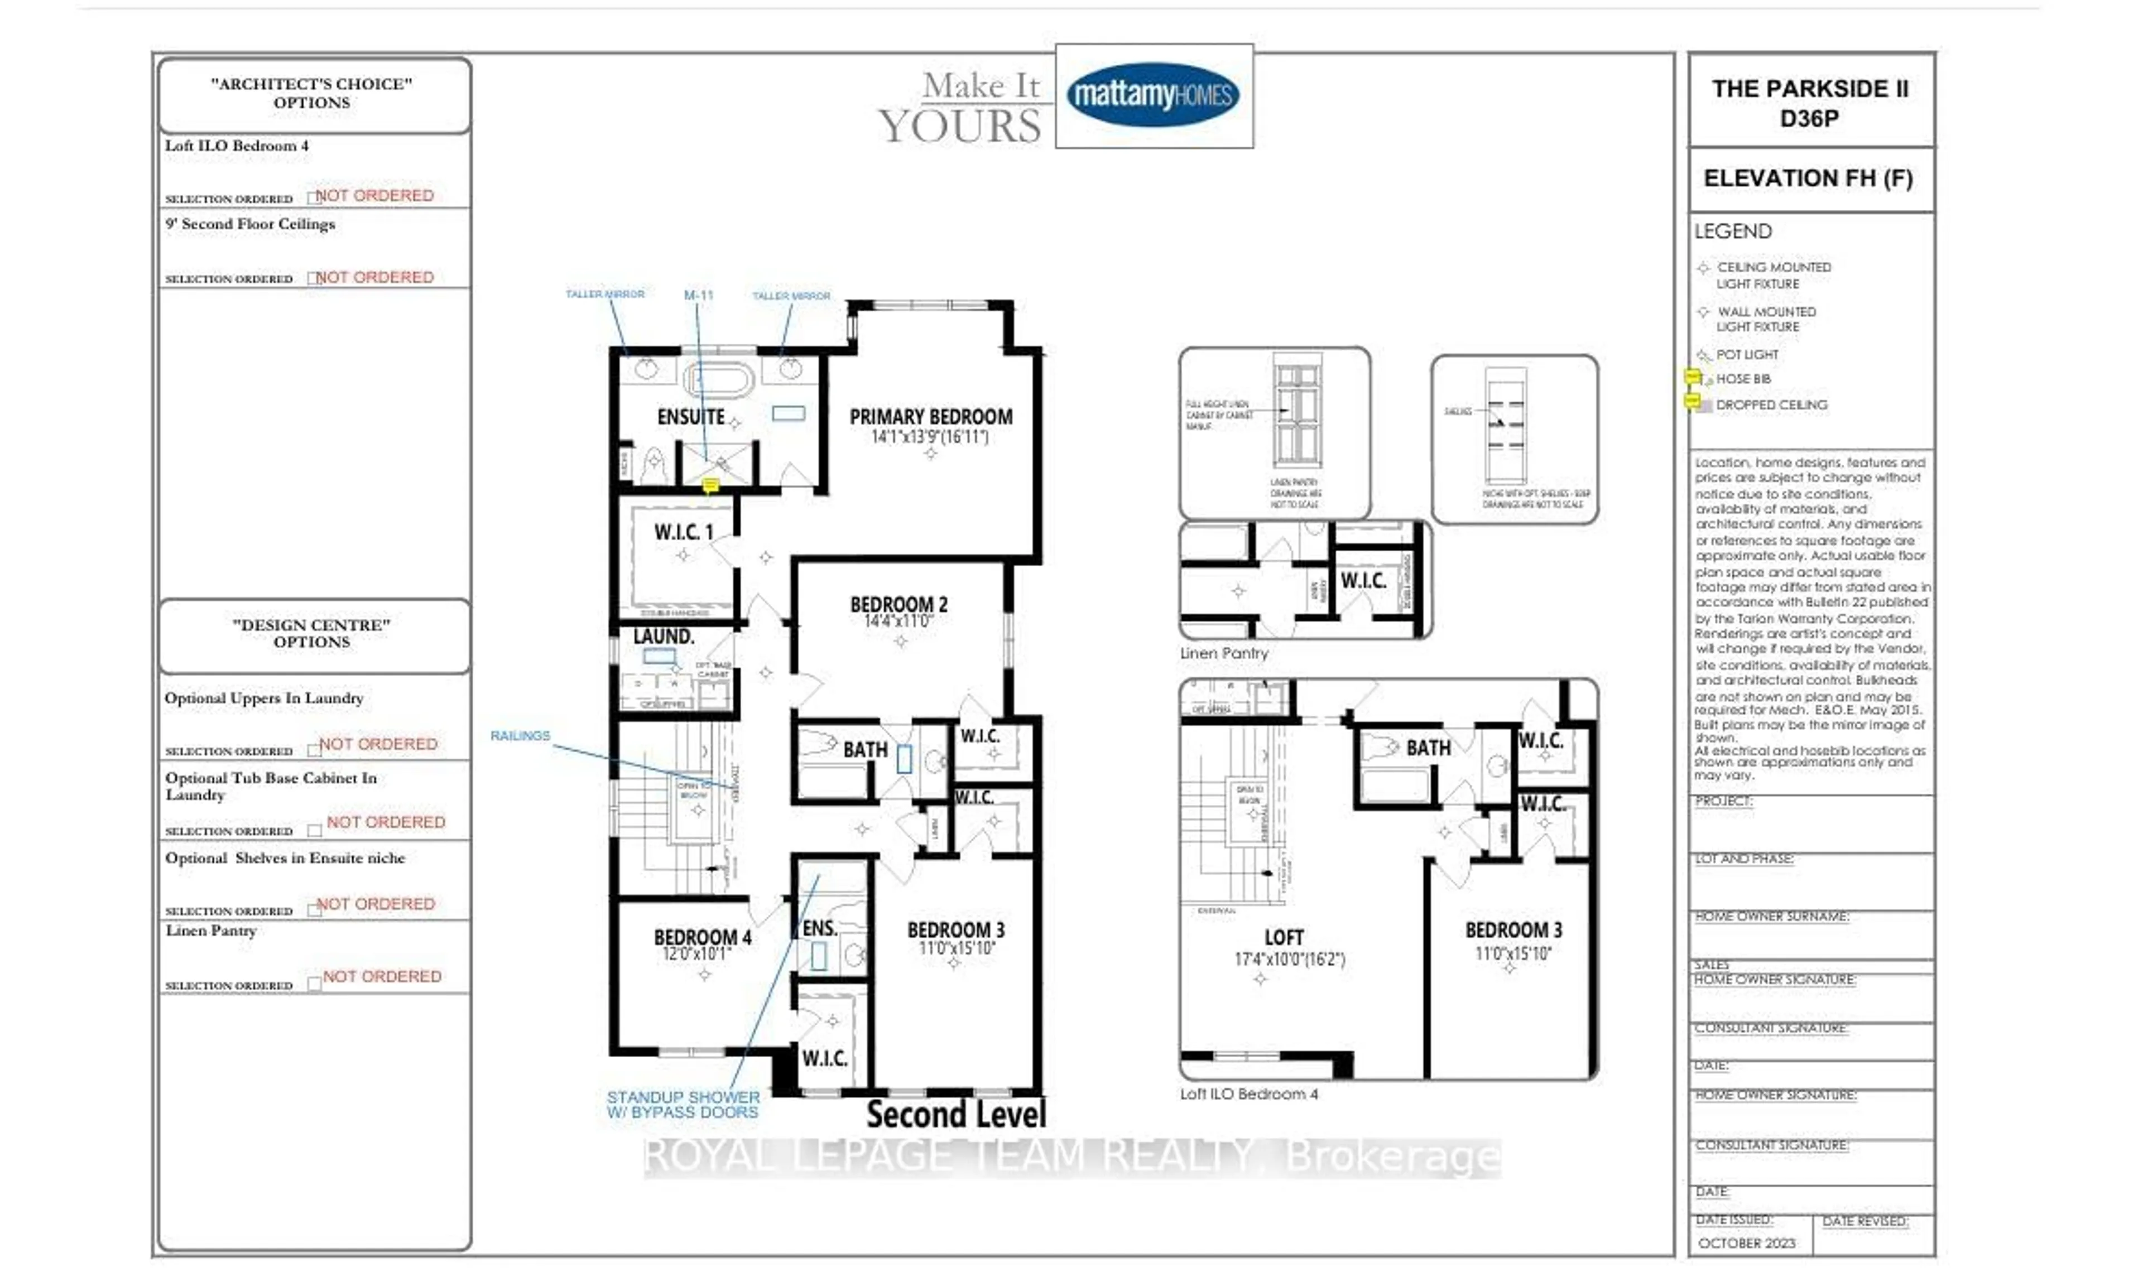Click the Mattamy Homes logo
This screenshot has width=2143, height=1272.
coord(1153,95)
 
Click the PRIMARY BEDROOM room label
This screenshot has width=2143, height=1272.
coord(930,417)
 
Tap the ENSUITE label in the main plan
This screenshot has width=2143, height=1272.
coord(691,417)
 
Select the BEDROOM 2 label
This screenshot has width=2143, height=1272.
coord(898,604)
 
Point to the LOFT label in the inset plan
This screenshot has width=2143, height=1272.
coord(1283,938)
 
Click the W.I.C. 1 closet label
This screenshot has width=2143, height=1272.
coord(683,532)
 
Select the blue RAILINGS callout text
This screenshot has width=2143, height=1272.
coord(520,735)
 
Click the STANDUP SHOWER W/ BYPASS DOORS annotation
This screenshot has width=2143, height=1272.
coord(683,1104)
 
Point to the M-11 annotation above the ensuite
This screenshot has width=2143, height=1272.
coord(698,295)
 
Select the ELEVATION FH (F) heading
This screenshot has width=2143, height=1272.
coord(1808,179)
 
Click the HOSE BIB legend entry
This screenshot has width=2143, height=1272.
coord(1743,379)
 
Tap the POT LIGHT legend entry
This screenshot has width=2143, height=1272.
coord(1746,355)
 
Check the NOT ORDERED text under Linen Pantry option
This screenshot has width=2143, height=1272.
coord(382,976)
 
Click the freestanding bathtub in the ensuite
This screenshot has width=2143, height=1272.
coord(719,378)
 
